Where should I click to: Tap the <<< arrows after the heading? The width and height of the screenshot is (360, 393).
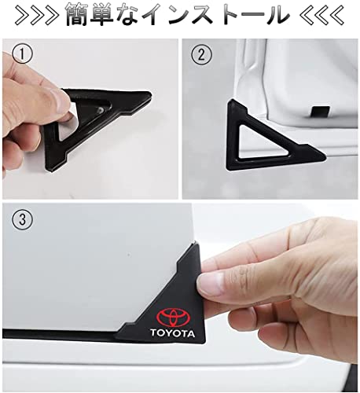321,15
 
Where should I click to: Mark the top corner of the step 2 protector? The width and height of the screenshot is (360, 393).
233,101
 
